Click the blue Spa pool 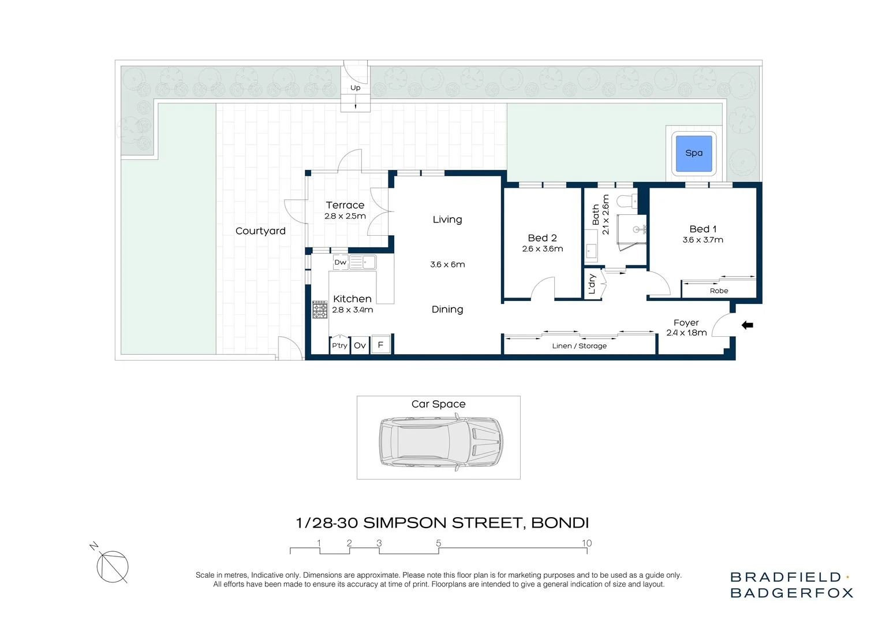(694, 154)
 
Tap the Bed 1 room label (702, 229)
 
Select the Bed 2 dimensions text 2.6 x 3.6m (542, 249)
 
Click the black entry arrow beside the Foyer (747, 325)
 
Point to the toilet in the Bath (626, 202)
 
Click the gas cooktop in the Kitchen (320, 310)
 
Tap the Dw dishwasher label (340, 262)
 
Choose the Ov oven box (360, 346)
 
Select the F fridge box (380, 345)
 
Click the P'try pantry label (339, 346)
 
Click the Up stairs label (355, 88)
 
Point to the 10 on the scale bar (586, 543)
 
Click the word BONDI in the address (559, 523)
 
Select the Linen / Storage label (579, 346)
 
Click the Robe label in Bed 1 (719, 291)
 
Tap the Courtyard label (260, 231)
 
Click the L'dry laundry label (592, 284)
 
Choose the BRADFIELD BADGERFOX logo (791, 585)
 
